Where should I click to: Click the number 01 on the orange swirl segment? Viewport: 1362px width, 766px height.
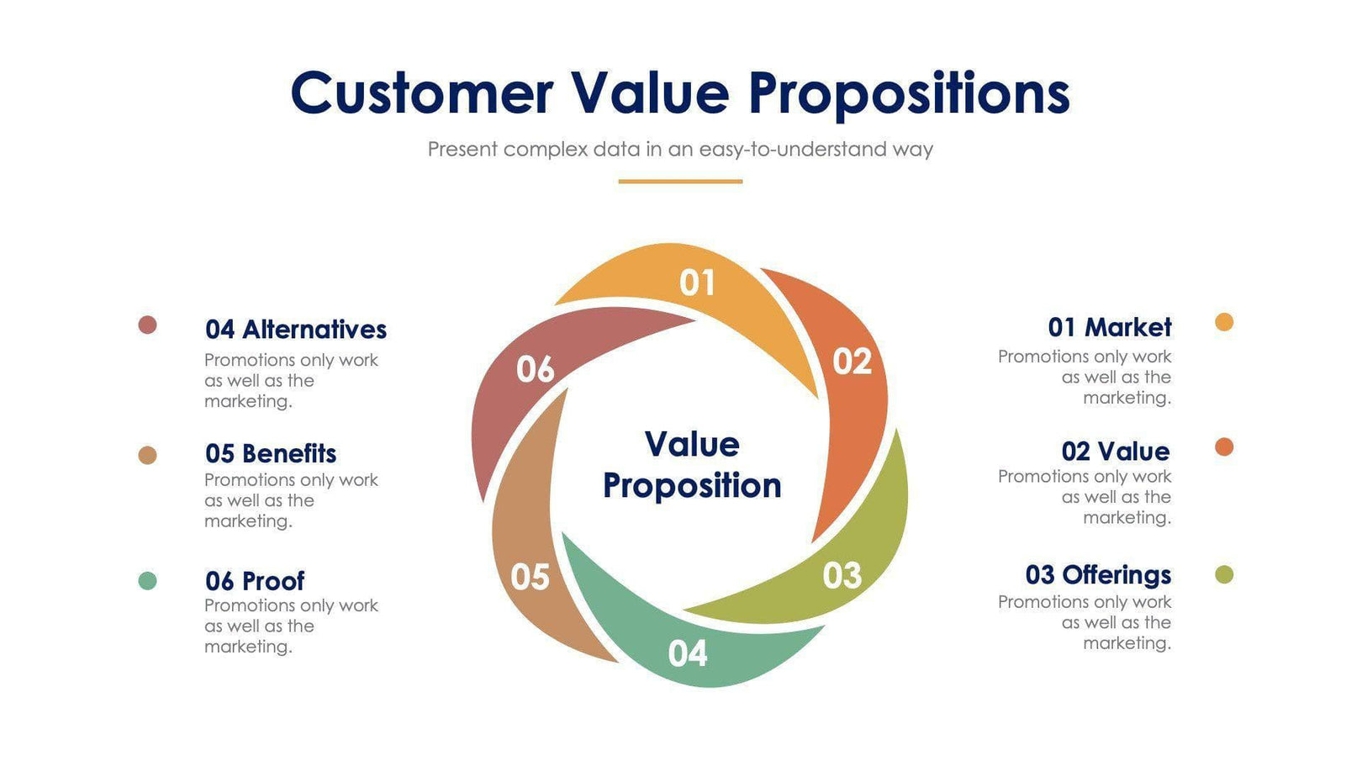coord(697,283)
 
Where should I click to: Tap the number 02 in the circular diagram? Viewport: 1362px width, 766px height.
coord(852,362)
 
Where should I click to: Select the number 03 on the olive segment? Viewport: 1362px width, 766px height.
coord(842,576)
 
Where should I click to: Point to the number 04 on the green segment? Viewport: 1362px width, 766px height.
coord(688,653)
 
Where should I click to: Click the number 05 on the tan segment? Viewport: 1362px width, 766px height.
coord(530,577)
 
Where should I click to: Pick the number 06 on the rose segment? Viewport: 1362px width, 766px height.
coord(535,369)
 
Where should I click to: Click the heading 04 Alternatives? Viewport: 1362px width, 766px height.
coord(295,330)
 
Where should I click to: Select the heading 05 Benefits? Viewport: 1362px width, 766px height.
coord(271,454)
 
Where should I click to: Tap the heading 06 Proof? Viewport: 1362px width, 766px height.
coord(255,581)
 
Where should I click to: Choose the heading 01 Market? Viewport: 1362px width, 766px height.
coord(1109,327)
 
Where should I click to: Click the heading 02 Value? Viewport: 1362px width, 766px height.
coord(1115,452)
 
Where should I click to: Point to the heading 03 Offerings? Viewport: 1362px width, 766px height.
coord(1098,575)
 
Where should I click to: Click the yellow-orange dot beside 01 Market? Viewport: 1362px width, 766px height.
coord(1224,322)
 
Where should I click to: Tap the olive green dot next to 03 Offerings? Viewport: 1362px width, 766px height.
coord(1224,575)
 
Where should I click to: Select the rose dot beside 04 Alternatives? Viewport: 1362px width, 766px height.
coord(147,325)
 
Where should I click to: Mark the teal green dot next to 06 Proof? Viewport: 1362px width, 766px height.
coord(147,581)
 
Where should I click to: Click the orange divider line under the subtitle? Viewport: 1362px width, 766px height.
coord(680,181)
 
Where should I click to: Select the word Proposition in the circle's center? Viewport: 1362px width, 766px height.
coord(692,486)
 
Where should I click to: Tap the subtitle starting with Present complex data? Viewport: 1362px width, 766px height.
coord(680,150)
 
